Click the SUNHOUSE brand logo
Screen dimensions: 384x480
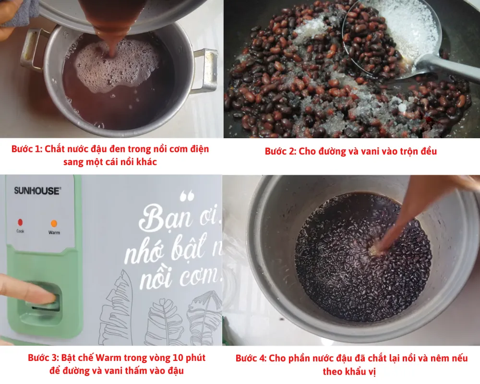(37, 191)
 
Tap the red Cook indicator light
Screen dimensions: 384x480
(20, 222)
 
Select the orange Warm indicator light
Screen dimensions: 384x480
(54, 224)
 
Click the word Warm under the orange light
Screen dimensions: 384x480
(54, 233)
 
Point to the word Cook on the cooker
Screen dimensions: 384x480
(20, 230)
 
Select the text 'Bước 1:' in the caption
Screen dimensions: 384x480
(27, 149)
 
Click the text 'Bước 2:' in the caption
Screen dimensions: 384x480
(280, 151)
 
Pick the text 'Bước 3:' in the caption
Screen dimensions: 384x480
(43, 358)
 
